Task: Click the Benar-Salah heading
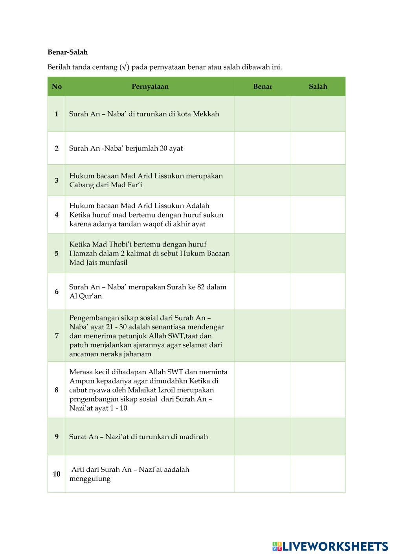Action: coord(68,52)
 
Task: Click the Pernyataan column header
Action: coord(150,87)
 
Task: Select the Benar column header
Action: coord(263,87)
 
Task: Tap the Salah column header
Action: coord(318,87)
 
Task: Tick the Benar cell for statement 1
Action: coord(263,114)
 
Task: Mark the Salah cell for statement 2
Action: coord(318,148)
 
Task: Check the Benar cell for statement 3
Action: coord(263,180)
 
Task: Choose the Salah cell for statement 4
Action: coord(318,215)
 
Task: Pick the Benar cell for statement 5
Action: coord(263,253)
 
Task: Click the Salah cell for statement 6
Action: coord(318,291)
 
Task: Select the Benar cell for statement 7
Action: coord(263,335)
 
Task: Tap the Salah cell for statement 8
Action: coord(318,390)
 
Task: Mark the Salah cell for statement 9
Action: coord(318,436)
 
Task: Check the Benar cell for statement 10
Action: coord(263,474)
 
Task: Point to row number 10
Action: coord(57,474)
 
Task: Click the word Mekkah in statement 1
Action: coord(206,114)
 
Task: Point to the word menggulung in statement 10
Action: coord(90,479)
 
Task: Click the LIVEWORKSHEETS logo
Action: coord(330,546)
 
